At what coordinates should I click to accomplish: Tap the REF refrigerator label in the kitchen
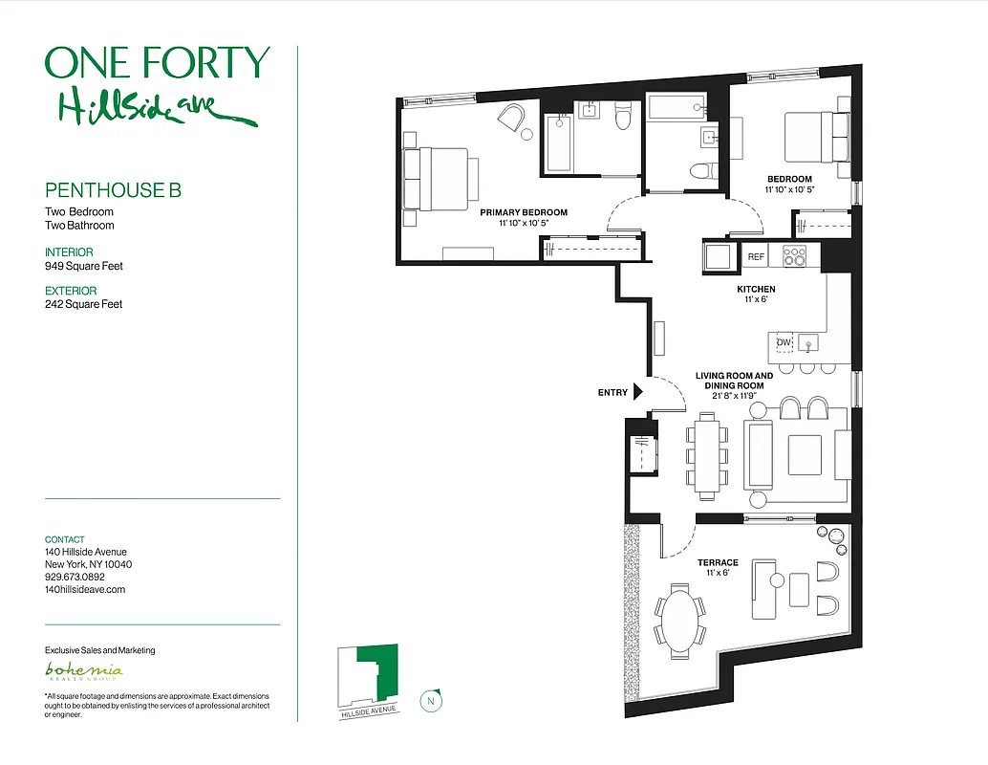pos(756,256)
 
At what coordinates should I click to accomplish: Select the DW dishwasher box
pos(784,342)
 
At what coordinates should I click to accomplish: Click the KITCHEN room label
pos(755,289)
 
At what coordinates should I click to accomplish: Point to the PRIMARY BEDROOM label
pos(524,212)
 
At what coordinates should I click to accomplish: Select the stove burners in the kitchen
pos(795,255)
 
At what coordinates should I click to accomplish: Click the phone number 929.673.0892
pos(75,577)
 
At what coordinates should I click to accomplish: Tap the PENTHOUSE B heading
pos(113,190)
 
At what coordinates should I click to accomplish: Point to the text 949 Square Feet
pos(84,267)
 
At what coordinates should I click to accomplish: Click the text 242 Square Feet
pos(84,304)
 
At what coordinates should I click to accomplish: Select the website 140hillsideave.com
pos(85,589)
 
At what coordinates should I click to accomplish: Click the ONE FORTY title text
pos(158,63)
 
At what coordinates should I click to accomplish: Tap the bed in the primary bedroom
pos(440,179)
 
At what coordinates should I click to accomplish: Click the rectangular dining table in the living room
pos(707,454)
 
